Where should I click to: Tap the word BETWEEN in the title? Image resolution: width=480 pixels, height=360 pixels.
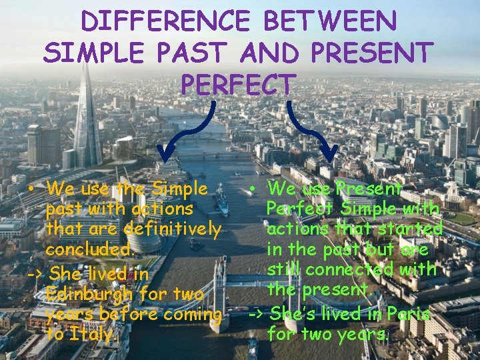[331, 21]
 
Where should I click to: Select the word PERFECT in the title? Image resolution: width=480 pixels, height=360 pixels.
[238, 84]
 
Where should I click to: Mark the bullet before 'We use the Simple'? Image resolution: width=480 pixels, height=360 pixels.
[31, 189]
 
